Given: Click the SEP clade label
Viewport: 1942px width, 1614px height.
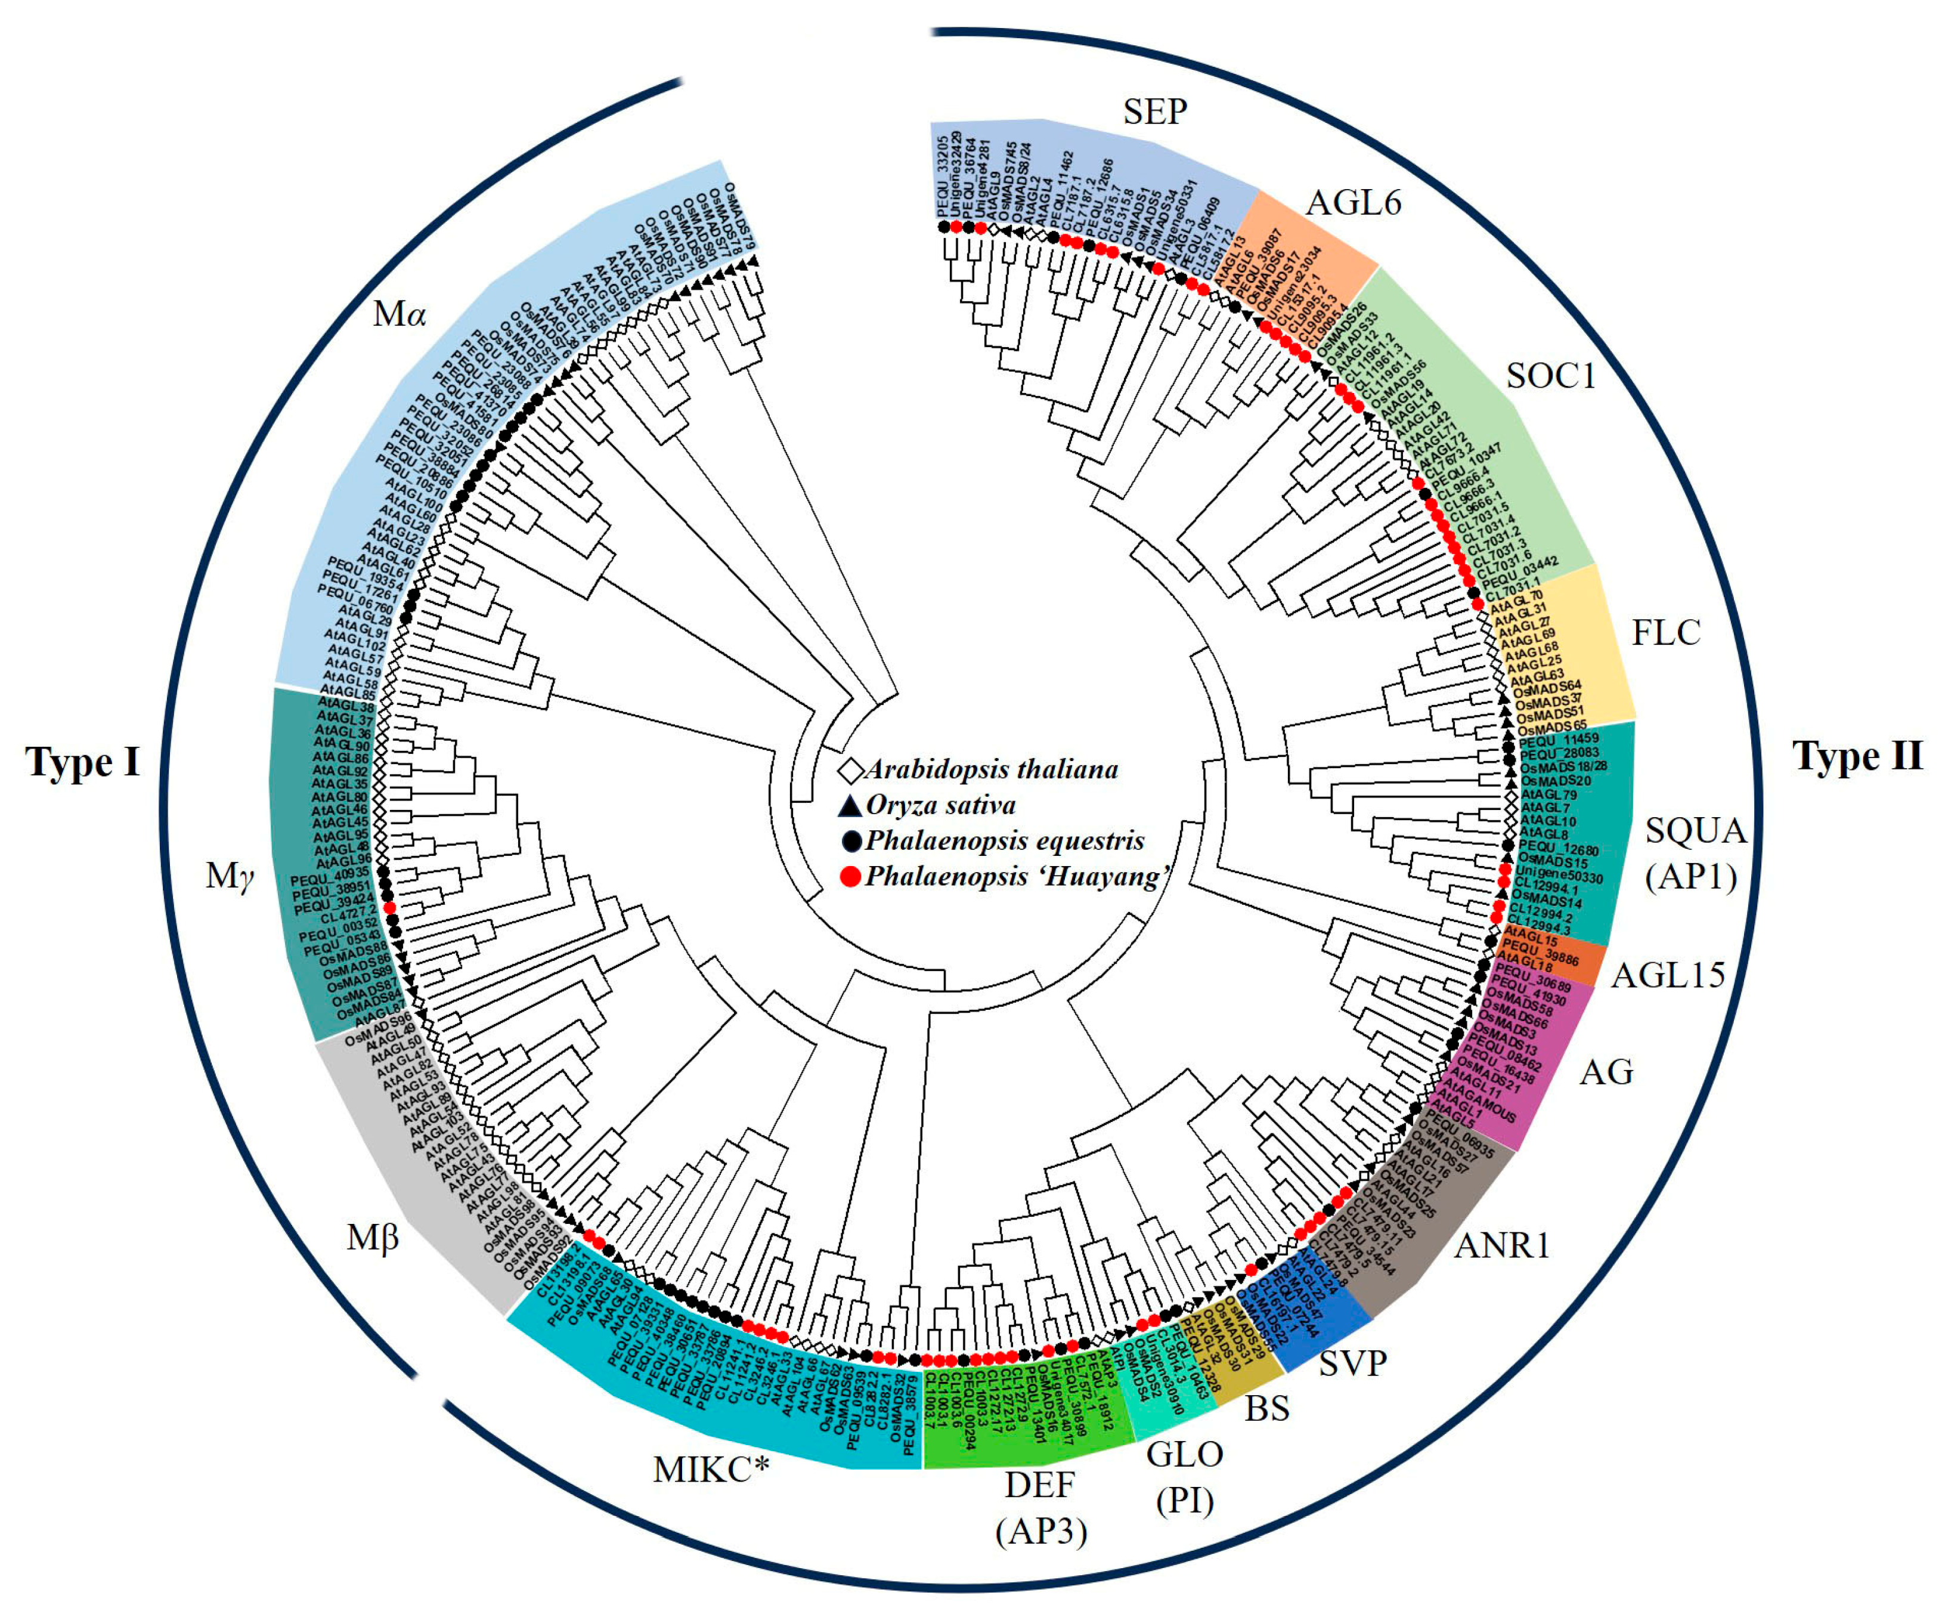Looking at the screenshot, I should coord(1155,112).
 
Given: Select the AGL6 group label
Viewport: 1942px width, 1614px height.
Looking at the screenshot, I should coord(1355,202).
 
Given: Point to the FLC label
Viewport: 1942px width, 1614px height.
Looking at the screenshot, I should coord(1665,633).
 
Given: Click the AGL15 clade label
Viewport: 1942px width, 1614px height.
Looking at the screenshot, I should coord(1668,975).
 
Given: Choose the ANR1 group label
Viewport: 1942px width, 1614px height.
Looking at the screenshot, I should coord(1502,1246).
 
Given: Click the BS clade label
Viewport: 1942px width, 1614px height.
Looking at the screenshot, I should coord(1267,1409).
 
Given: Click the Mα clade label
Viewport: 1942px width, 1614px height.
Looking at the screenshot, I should coord(399,314).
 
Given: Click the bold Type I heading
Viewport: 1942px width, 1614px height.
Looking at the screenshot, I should coord(83,762).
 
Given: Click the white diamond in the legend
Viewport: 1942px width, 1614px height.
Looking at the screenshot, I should coord(851,769).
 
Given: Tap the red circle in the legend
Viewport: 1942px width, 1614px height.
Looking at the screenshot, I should coord(851,877).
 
